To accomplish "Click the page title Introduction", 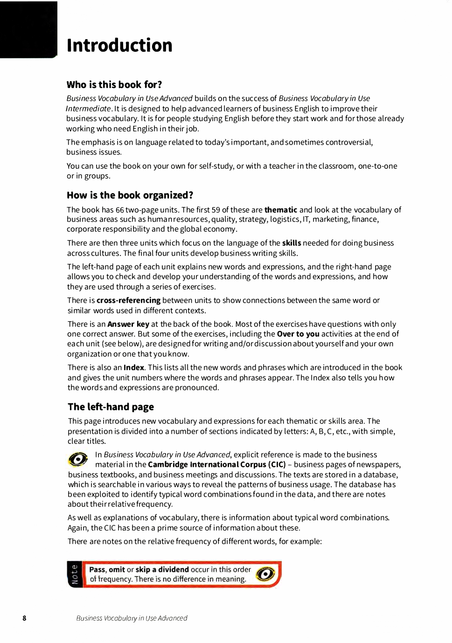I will coord(119,45).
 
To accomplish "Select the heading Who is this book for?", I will coord(114,84).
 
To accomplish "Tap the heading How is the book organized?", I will coord(130,195).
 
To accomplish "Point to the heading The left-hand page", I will coord(111,407).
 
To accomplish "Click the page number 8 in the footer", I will coord(24,618).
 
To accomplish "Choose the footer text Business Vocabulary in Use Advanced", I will coord(132,618).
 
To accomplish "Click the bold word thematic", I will coord(280,210).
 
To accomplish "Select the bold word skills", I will coord(292,243).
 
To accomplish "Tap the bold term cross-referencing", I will coord(128,300).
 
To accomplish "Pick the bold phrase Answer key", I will coord(128,324).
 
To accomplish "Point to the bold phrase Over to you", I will coord(298,334).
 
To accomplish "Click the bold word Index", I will coord(133,367).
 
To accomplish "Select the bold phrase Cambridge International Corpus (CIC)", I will coord(216,464).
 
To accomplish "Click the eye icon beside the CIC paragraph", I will coord(78,459).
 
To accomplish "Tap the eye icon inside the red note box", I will coord(265,574).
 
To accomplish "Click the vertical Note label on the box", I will coord(75,574).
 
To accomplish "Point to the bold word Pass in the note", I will coord(97,569).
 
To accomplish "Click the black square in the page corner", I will coord(28,29).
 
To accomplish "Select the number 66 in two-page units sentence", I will coord(119,210).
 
